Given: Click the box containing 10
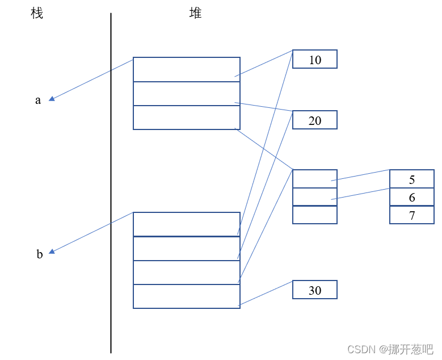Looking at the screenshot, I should [x=315, y=59].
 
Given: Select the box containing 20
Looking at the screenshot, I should [x=315, y=120].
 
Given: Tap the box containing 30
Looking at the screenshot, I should [x=315, y=290].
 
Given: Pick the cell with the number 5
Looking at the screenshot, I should [x=412, y=179].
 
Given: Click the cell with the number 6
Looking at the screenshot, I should [x=412, y=196].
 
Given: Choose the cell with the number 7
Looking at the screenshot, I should [x=412, y=215].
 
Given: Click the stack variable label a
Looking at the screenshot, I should [x=39, y=101].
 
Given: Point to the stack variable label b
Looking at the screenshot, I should [x=40, y=254].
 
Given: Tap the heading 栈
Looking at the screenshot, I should [x=37, y=13].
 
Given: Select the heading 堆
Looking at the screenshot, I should [x=195, y=13].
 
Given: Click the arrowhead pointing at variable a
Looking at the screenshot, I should [x=52, y=98].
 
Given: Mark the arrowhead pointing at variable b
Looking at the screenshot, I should [x=52, y=251].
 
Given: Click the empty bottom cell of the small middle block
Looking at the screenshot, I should [x=315, y=215].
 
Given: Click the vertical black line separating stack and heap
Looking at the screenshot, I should [x=111, y=182].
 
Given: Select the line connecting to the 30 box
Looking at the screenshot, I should [x=267, y=292].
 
